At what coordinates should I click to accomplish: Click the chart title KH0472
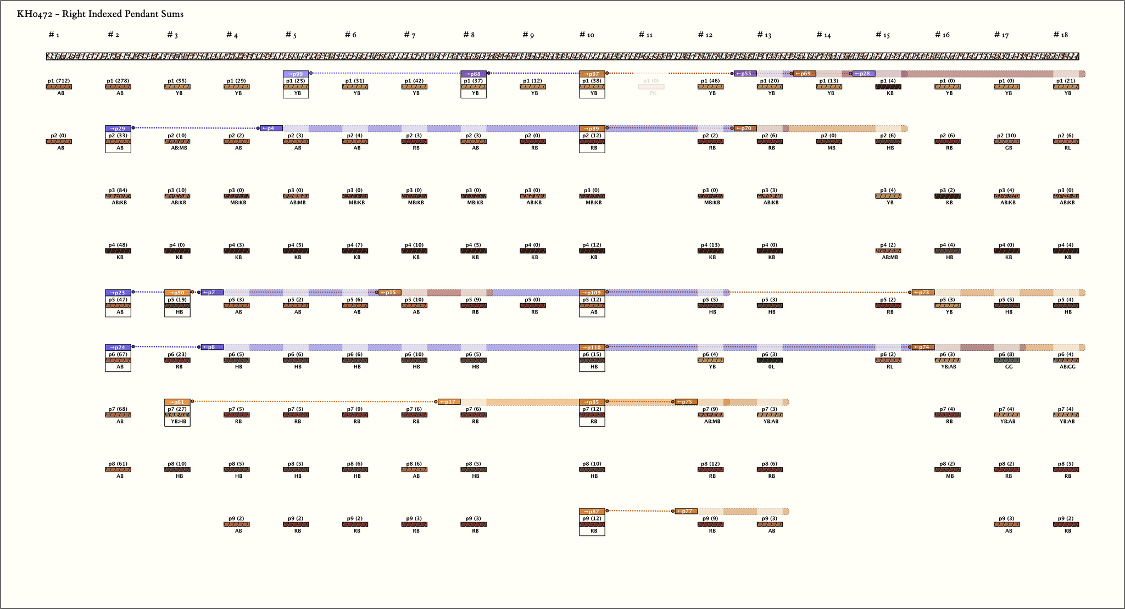(x=100, y=14)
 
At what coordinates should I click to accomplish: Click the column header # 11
(x=645, y=35)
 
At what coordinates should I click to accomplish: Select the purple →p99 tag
(x=296, y=74)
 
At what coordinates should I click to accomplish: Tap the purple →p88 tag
(x=474, y=74)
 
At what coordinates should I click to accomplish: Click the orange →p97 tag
(x=592, y=74)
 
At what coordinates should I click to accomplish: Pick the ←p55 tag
(x=745, y=74)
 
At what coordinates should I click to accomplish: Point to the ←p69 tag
(x=804, y=74)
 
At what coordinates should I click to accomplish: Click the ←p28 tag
(x=864, y=74)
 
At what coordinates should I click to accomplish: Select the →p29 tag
(x=118, y=128)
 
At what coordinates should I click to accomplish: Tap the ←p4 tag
(x=271, y=128)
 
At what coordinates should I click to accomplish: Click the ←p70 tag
(x=745, y=128)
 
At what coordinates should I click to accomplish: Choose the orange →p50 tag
(x=177, y=293)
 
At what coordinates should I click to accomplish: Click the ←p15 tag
(x=389, y=293)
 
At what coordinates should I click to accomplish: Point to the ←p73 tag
(x=923, y=293)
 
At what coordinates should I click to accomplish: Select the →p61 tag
(x=177, y=402)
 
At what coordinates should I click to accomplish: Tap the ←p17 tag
(x=449, y=402)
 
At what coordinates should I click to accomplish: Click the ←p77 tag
(x=686, y=511)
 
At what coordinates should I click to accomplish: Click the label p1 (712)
(x=59, y=81)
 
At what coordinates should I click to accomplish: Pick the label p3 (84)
(x=118, y=190)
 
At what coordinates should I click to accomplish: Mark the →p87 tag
(x=592, y=511)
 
